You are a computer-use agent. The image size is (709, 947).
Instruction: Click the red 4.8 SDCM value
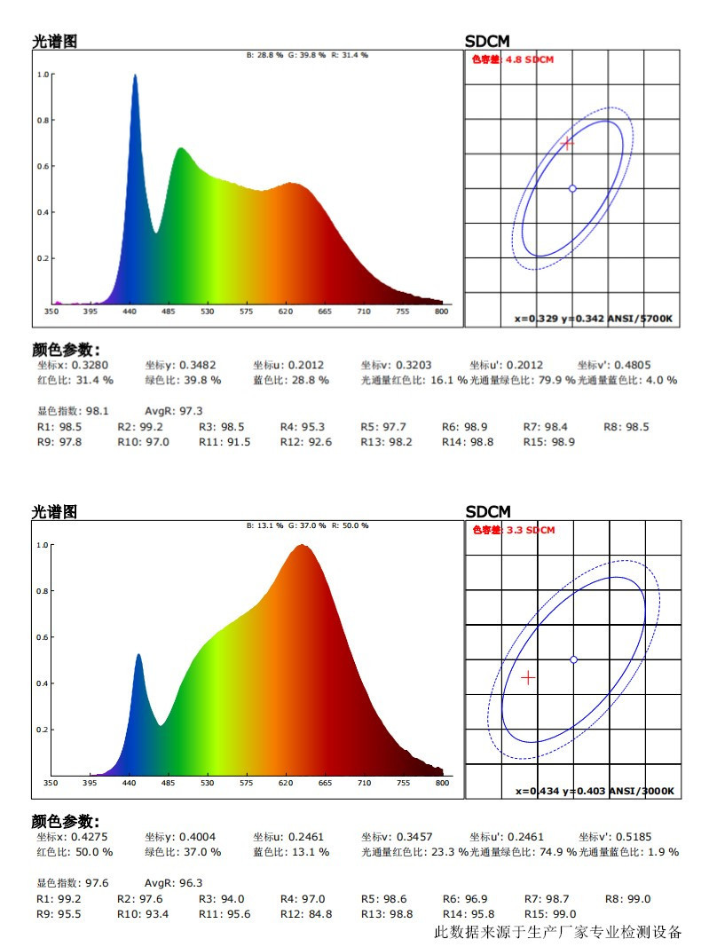click(529, 59)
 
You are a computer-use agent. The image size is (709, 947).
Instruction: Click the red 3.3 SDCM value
click(530, 530)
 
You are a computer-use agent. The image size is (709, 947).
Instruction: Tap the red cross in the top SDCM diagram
click(568, 143)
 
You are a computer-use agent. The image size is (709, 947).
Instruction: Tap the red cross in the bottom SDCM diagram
click(529, 677)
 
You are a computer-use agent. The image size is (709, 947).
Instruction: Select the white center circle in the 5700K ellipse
click(572, 188)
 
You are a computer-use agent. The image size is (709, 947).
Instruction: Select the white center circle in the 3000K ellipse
click(573, 659)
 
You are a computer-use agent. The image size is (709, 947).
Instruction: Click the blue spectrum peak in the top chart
click(135, 76)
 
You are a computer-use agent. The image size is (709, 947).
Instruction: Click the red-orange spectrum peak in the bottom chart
click(303, 547)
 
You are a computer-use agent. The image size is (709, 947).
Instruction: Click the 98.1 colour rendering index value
click(97, 411)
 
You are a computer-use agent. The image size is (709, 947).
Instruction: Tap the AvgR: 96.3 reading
click(173, 883)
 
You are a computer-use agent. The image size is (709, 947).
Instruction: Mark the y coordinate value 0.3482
click(197, 365)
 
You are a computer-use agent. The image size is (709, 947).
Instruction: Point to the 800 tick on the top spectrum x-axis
click(440, 312)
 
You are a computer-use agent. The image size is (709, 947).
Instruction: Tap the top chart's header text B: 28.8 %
click(264, 55)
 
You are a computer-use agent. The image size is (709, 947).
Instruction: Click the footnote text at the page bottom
click(557, 932)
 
